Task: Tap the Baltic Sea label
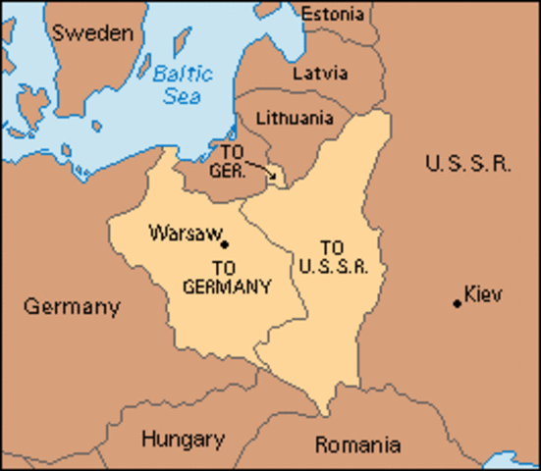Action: pos(183,83)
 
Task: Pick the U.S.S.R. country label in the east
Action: pos(467,164)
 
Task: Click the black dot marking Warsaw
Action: pos(225,244)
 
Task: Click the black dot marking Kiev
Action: pos(458,303)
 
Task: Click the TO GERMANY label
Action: pos(227,276)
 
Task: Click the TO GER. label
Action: pos(228,160)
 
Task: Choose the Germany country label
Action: pos(72,307)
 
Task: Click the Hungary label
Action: pos(183,439)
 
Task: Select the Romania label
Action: pos(357,445)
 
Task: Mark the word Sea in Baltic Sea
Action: pos(182,97)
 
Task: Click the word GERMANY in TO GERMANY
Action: pos(227,286)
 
